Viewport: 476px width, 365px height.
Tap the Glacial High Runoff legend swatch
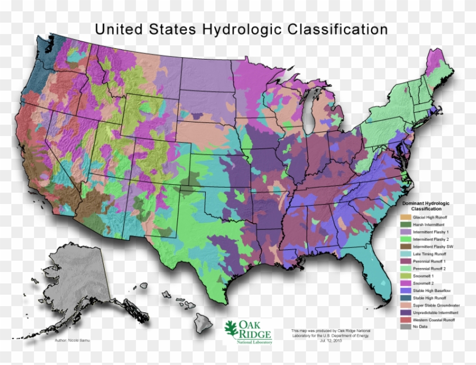405,217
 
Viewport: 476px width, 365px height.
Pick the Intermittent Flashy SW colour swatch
405,247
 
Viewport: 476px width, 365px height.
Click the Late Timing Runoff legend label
433,254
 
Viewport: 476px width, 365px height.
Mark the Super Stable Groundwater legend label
439,306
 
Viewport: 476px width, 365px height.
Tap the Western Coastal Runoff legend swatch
405,320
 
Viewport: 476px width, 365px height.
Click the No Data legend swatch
405,327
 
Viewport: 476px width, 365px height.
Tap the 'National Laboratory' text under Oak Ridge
256,342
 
